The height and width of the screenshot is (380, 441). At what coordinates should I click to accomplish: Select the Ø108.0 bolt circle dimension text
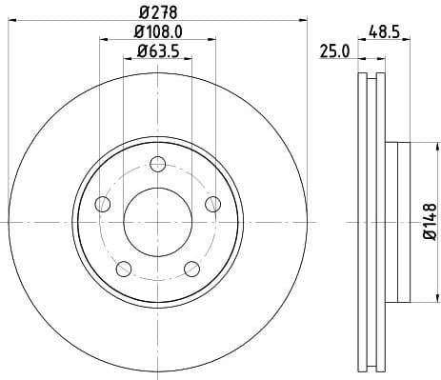158,34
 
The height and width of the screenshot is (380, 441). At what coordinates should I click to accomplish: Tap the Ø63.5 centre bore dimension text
158,52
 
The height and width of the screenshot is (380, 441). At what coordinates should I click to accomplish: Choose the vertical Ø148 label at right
429,221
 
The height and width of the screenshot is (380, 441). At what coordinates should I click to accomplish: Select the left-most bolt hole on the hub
102,203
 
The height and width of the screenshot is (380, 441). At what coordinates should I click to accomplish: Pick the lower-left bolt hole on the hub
123,268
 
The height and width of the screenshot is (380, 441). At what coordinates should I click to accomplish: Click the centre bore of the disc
158,221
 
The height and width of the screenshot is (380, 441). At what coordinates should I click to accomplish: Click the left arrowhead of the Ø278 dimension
10,17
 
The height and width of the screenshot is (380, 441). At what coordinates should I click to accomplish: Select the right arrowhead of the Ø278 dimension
306,17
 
